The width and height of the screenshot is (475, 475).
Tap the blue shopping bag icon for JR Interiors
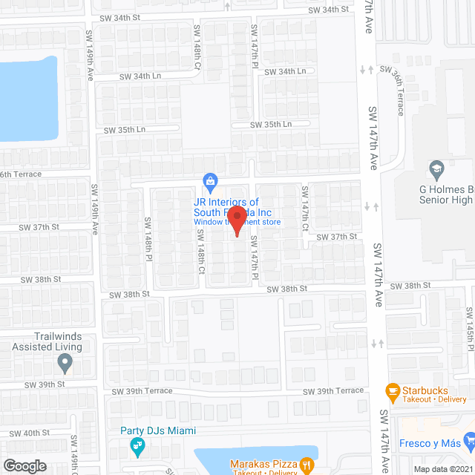[211, 180]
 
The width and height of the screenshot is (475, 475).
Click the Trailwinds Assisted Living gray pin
[65, 364]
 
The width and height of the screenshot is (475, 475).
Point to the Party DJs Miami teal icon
[137, 446]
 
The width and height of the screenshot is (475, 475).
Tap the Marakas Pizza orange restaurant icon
[306, 465]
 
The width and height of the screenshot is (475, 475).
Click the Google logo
[24, 465]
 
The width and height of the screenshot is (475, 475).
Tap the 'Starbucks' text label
[425, 389]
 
